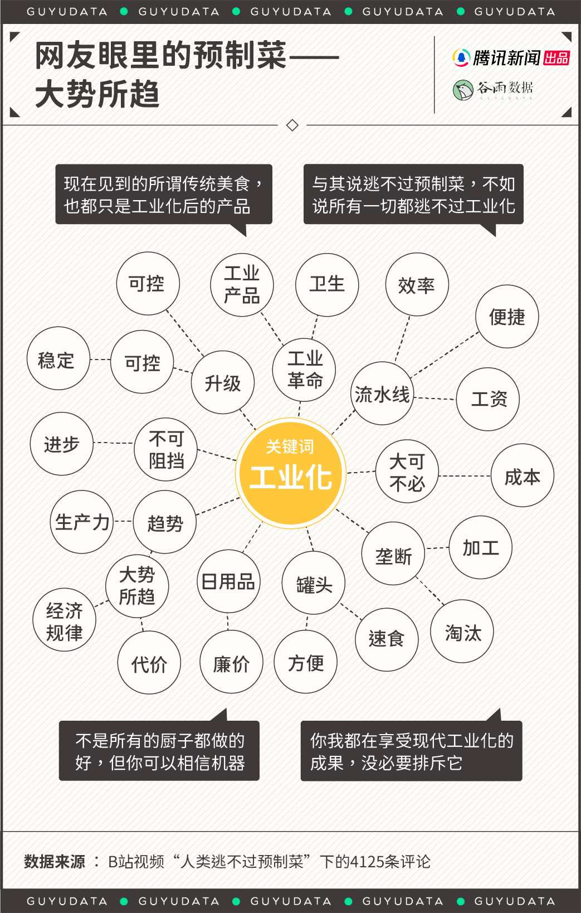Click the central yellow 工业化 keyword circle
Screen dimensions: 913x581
click(291, 472)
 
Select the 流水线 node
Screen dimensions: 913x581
click(383, 394)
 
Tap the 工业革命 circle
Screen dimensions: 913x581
click(305, 369)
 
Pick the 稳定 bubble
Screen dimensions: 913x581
click(58, 358)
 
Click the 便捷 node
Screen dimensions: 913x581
click(507, 317)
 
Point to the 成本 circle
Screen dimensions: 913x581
click(522, 475)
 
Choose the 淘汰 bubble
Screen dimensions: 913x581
click(462, 632)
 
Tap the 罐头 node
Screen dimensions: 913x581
click(314, 583)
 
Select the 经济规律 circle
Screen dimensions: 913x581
click(64, 620)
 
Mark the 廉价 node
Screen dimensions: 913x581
click(231, 662)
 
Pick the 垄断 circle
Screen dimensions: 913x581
click(393, 554)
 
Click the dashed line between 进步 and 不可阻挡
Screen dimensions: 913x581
click(113, 443)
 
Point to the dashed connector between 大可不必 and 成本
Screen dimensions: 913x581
click(464, 476)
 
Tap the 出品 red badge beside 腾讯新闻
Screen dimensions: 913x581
click(556, 58)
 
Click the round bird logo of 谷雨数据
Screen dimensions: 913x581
click(463, 90)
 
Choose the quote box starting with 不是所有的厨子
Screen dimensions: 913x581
click(159, 750)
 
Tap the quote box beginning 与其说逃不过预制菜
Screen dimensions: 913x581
click(413, 195)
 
